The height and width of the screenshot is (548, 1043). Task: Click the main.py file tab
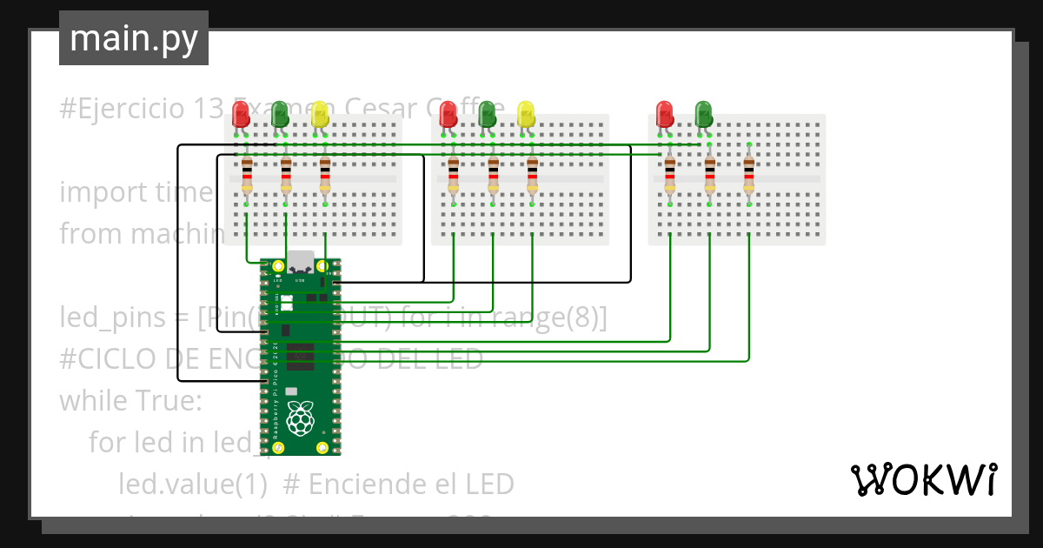(x=133, y=39)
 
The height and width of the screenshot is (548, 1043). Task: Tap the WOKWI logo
(x=923, y=479)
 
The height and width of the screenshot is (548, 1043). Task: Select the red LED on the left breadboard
(x=241, y=114)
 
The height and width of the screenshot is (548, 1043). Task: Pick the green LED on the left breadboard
(x=280, y=114)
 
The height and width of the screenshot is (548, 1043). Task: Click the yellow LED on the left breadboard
(x=319, y=114)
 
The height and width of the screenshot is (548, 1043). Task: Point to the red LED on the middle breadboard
(x=448, y=114)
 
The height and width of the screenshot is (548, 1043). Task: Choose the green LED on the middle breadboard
(x=487, y=114)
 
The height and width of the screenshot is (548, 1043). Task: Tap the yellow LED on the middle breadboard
(x=526, y=114)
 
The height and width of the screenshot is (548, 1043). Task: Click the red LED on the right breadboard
(x=665, y=114)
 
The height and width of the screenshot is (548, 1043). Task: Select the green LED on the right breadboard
(x=704, y=114)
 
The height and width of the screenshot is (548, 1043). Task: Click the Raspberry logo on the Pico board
(x=301, y=419)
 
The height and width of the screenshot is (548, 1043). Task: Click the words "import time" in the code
(x=136, y=192)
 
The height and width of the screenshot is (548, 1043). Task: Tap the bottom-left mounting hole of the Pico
(x=278, y=448)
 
